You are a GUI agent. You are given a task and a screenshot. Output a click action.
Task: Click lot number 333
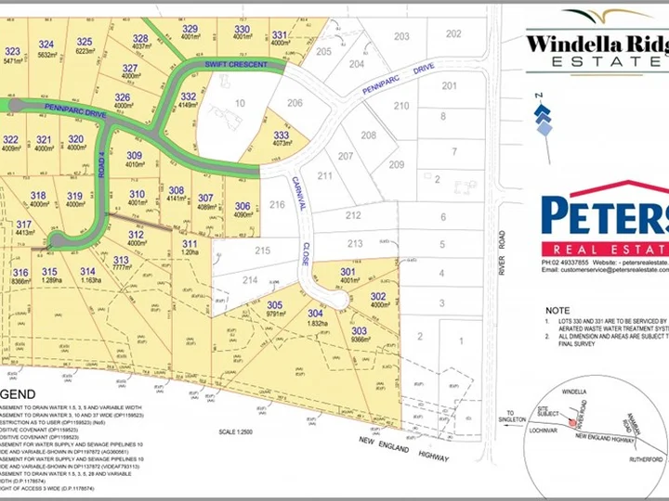tap(282, 135)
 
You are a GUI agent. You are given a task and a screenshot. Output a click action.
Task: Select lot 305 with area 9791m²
tap(274, 304)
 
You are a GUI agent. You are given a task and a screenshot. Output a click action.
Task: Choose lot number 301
tap(348, 272)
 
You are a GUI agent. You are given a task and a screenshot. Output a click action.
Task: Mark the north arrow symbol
tap(543, 115)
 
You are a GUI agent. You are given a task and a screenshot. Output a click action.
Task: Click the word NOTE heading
tap(558, 310)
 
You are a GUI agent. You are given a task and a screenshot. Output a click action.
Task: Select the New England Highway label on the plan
tap(396, 442)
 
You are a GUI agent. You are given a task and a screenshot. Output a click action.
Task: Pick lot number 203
tap(401, 36)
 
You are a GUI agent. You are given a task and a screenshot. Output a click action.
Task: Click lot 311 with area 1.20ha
tap(190, 242)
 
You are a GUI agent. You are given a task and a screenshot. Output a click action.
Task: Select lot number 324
tap(46, 44)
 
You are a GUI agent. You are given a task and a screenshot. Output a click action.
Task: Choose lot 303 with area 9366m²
tap(360, 331)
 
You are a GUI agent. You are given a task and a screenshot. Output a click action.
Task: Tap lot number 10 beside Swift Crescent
tap(240, 103)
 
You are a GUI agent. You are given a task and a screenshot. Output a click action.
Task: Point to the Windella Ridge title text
tap(596, 43)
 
